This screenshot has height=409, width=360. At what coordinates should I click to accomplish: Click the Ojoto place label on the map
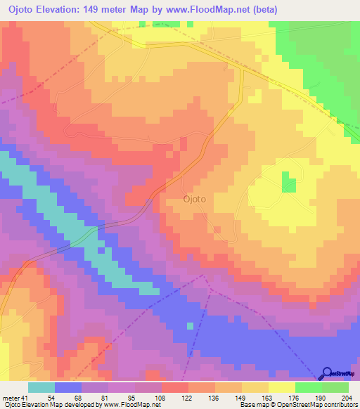194,199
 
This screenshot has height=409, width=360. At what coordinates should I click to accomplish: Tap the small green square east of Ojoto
289,182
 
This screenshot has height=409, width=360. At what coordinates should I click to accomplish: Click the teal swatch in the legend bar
41,387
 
